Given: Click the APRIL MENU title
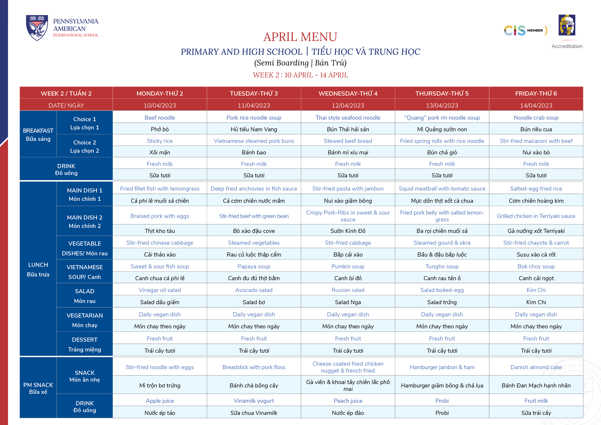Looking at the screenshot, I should pyautogui.click(x=300, y=37).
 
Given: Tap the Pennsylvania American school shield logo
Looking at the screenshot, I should pyautogui.click(x=37, y=27).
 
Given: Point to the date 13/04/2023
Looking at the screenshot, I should pyautogui.click(x=442, y=106).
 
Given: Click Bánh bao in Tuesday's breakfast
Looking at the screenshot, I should pyautogui.click(x=254, y=152).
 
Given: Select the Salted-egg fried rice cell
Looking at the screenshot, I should pyautogui.click(x=536, y=189).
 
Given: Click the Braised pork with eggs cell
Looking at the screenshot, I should pyautogui.click(x=160, y=216).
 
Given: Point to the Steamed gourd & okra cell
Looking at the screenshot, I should pyautogui.click(x=442, y=243).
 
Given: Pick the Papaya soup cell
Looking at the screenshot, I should pyautogui.click(x=254, y=266).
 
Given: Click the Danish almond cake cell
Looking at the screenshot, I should pyautogui.click(x=536, y=367).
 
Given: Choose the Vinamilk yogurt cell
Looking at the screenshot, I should pyautogui.click(x=254, y=401).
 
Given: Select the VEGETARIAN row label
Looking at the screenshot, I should pyautogui.click(x=85, y=315).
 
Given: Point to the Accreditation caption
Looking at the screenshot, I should pyautogui.click(x=567, y=46).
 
